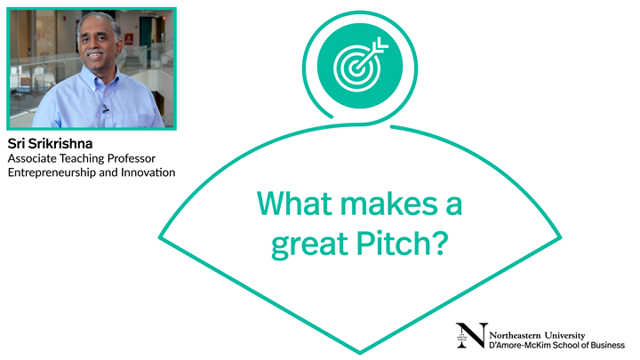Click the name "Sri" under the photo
point(18,143)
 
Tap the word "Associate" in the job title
point(32,157)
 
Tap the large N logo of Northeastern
point(471,335)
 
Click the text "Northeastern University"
point(537,329)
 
